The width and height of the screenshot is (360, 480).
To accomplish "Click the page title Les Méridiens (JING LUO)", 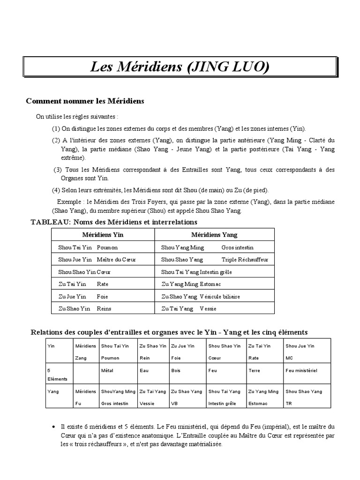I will (x=180, y=67).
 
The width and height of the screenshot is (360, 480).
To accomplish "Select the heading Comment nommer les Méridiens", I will (x=85, y=101).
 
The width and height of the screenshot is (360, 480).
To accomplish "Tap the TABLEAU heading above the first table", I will (x=114, y=222).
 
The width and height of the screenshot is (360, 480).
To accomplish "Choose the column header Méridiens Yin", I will (x=103, y=234).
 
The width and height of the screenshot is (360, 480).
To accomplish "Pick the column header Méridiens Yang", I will (x=214, y=234).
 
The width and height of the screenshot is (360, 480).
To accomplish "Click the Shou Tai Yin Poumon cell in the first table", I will (x=88, y=247).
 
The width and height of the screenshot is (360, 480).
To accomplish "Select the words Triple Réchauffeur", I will (x=245, y=259).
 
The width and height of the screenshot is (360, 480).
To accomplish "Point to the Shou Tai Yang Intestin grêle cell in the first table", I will (x=196, y=272).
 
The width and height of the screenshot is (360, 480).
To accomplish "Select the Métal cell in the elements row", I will (x=107, y=370).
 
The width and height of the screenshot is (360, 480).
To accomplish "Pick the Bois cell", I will (x=176, y=370).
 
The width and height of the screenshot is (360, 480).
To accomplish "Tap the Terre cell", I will (x=254, y=370).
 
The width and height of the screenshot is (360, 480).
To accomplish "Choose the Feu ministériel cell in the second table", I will (x=301, y=370).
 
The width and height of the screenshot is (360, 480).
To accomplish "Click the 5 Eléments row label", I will (x=57, y=374).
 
